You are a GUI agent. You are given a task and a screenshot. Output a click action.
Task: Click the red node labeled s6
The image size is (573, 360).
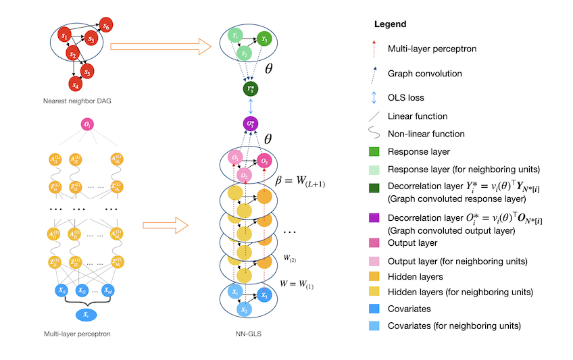[106, 26]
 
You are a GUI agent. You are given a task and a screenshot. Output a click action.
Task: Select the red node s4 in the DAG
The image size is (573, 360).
[76, 84]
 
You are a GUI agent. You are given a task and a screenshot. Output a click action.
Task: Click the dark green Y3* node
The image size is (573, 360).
[251, 88]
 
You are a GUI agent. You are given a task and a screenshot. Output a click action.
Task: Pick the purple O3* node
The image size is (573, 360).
[251, 124]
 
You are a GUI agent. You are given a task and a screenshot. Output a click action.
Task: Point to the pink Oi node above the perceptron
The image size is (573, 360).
[89, 124]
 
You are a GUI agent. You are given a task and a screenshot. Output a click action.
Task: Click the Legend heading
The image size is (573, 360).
[390, 24]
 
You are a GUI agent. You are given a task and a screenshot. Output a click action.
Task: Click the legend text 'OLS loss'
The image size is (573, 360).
[407, 98]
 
